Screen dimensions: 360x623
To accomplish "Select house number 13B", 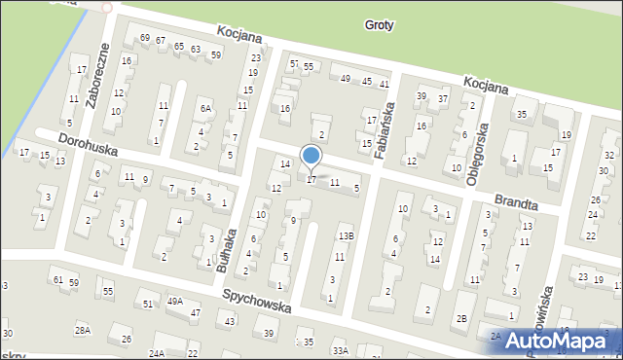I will pyautogui.click(x=346, y=235).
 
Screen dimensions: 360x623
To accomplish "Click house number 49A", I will pyautogui.click(x=174, y=302).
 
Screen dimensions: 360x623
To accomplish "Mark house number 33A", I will pyautogui.click(x=339, y=351).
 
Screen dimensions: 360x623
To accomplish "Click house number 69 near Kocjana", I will pyautogui.click(x=144, y=38).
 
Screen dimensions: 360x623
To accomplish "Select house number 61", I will pyautogui.click(x=58, y=280).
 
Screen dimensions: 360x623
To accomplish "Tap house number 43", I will pyautogui.click(x=229, y=321).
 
